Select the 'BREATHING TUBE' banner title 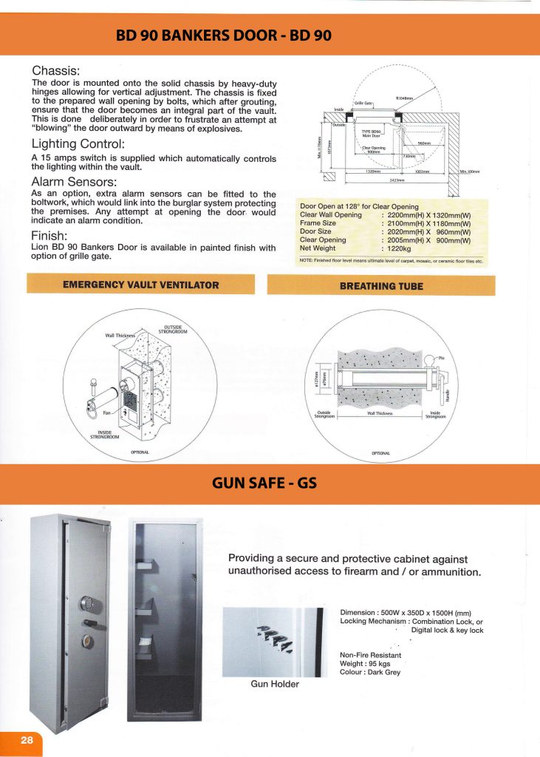(381, 285)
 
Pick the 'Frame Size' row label (319, 223)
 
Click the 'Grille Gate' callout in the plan (364, 103)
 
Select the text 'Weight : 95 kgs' (369, 664)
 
